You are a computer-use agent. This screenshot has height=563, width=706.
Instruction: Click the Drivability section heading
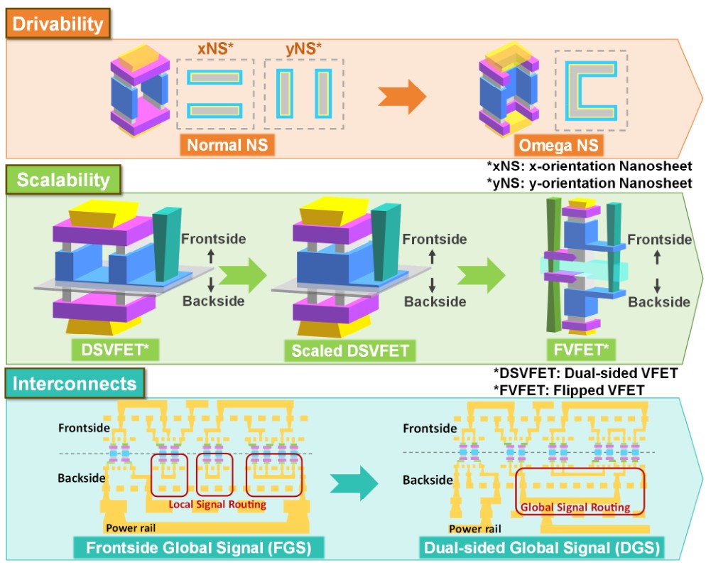coord(57,24)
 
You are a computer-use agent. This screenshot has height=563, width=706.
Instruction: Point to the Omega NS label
coord(559,146)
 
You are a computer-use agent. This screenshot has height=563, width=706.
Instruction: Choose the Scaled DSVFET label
coord(349,350)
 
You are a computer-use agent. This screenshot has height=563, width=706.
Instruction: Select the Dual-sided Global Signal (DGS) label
coord(541,548)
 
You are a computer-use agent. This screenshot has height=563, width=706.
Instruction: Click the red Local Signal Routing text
coord(217,504)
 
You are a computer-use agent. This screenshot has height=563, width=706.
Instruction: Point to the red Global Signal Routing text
coord(575,508)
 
